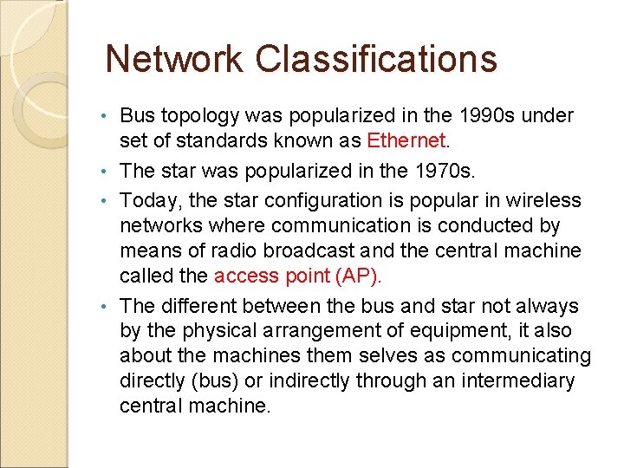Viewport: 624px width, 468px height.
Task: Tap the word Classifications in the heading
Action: pyautogui.click(x=376, y=59)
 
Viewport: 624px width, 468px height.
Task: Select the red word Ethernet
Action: pyautogui.click(x=406, y=140)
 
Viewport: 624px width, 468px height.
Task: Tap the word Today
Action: pyautogui.click(x=149, y=200)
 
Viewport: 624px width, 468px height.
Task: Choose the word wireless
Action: pyautogui.click(x=551, y=200)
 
